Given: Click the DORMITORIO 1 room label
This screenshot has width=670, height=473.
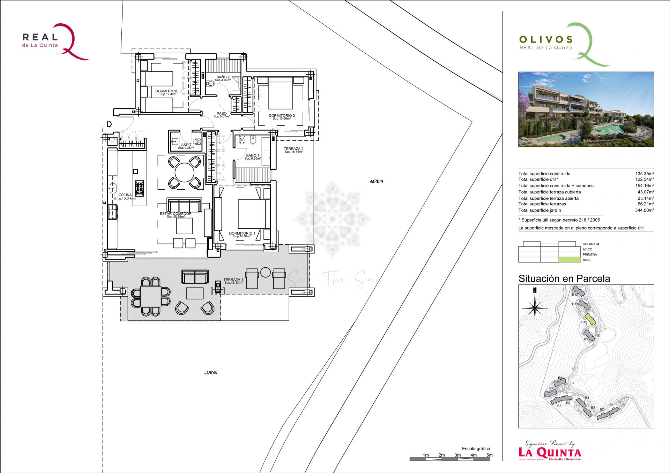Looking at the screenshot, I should [x=242, y=234].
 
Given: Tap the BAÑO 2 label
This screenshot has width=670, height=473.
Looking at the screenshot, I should [x=223, y=77].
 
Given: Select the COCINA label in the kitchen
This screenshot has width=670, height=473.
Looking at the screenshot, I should [x=125, y=195].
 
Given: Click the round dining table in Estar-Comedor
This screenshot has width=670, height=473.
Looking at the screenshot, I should [x=184, y=173].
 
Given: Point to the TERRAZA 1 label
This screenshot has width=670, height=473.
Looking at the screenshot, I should [x=233, y=280].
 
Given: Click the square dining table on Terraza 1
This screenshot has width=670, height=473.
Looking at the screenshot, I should [x=151, y=296].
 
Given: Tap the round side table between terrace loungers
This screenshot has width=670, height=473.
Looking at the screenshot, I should [x=265, y=272].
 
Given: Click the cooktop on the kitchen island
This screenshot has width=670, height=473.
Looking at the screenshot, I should [x=139, y=188].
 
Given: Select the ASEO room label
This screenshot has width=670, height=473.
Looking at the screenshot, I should [x=186, y=145].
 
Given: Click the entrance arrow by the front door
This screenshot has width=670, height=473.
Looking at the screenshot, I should [x=109, y=124].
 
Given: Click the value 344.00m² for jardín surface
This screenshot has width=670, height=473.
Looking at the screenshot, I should [x=644, y=210].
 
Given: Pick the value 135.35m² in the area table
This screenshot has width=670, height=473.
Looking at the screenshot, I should [x=644, y=174].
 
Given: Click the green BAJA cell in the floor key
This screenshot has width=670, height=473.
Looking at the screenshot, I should [x=567, y=260].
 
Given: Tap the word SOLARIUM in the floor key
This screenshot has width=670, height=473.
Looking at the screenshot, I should [x=590, y=244].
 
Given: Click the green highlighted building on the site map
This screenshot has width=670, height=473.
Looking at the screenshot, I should [x=589, y=318].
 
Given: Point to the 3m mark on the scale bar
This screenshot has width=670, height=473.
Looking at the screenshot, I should [x=457, y=455].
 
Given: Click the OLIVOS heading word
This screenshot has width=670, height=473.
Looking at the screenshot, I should [x=546, y=39].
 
